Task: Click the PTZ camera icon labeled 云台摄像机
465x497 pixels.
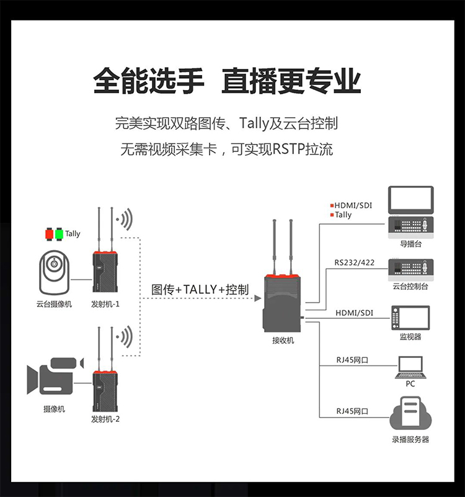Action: pos(54,272)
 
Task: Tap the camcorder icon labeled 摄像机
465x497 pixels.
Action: pos(55,377)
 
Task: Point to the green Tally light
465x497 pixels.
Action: pos(59,234)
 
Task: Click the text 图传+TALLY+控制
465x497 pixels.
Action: pos(200,290)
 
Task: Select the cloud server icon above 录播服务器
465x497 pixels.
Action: pos(410,416)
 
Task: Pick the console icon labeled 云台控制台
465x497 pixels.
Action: pos(410,268)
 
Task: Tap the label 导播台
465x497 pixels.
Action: pos(410,244)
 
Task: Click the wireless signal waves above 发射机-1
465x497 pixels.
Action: pos(126,219)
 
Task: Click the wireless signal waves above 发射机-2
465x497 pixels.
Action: pos(126,338)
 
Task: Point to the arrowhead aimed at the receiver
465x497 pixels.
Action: pos(257,298)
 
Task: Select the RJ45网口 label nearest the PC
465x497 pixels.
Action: pos(352,360)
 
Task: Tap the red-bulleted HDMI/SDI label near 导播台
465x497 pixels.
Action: pos(353,205)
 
